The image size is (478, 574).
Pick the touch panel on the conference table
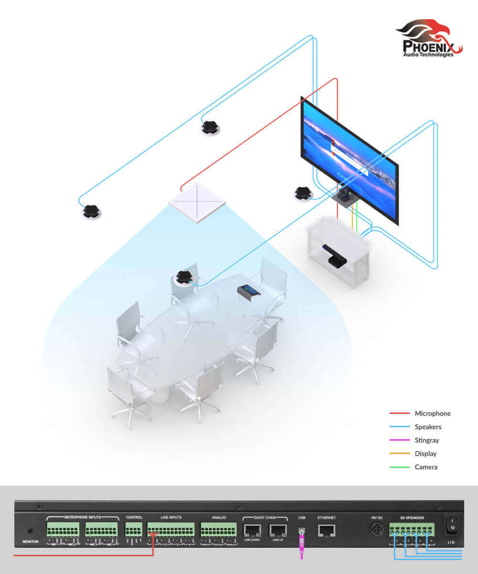(249, 292)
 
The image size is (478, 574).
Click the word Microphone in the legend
(433, 413)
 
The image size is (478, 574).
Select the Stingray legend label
(427, 440)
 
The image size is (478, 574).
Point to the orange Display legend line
(400, 454)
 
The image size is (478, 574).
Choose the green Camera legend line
(400, 467)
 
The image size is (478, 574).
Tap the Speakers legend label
(428, 427)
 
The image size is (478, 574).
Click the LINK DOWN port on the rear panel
(252, 530)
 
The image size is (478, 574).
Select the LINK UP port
(278, 530)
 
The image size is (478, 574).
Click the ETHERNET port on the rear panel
(326, 530)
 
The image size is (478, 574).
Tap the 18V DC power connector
(374, 530)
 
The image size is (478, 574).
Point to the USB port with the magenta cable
(301, 531)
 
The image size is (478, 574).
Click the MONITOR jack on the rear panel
(31, 531)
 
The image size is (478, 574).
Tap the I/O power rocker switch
(451, 526)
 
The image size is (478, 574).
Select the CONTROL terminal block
(133, 529)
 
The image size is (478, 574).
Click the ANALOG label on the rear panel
(218, 517)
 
